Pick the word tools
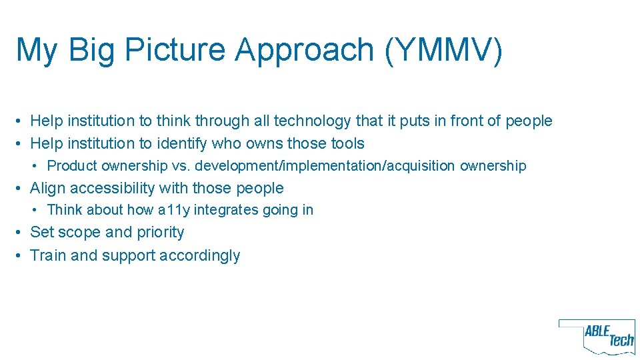[347, 143]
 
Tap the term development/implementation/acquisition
[325, 165]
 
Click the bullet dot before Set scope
[22, 233]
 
